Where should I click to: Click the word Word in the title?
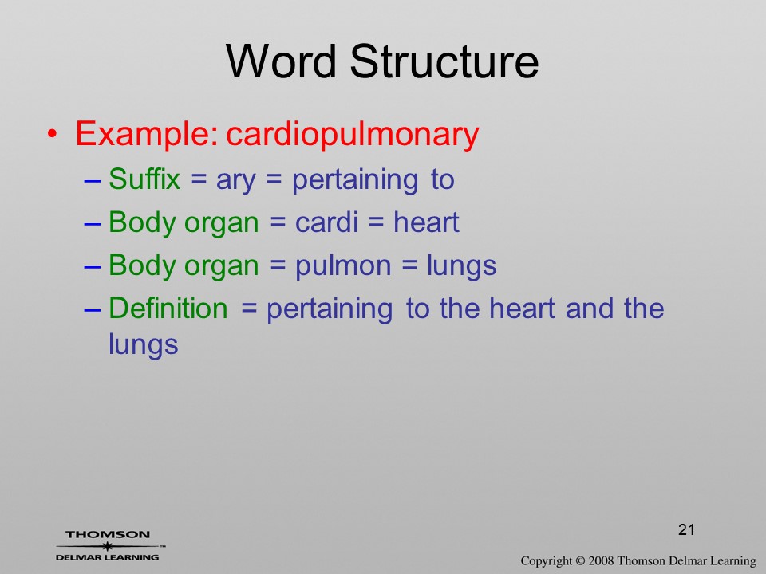(281, 61)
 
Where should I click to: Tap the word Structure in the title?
(444, 61)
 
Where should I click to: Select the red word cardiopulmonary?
(352, 133)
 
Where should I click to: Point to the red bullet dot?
(53, 134)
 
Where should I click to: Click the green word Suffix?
(144, 179)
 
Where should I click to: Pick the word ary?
(235, 182)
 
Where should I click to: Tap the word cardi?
(327, 222)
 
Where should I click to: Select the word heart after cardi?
(426, 222)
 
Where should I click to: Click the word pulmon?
(343, 267)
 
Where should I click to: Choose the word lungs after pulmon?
(462, 267)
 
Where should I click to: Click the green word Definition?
(168, 308)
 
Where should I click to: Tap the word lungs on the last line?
(143, 345)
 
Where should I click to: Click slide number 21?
(686, 529)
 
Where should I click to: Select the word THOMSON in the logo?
(108, 534)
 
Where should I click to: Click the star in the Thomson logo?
(107, 546)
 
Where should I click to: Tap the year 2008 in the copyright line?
(601, 560)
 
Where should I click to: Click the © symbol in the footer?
(580, 560)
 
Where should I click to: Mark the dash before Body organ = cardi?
(93, 224)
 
